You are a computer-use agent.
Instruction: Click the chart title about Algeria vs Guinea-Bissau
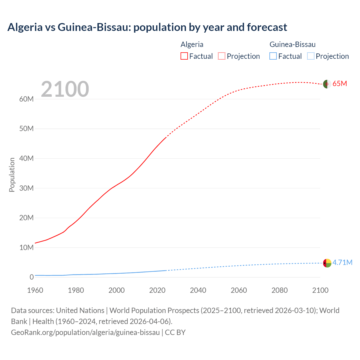pos(147,27)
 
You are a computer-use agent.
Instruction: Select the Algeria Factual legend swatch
pos(184,56)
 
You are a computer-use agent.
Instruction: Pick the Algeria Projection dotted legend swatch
pos(222,56)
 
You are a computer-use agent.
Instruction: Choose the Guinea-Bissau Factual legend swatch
pos(273,56)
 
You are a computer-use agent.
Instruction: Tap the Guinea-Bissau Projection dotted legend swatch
pos(311,56)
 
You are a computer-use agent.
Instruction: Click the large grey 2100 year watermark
pos(65,89)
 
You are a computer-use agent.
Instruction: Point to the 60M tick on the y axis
pos(26,99)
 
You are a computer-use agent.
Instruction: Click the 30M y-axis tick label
pos(26,188)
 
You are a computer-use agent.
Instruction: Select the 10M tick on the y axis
pos(26,247)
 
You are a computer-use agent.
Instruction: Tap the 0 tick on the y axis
pos(31,277)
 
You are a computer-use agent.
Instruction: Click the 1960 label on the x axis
pos(35,290)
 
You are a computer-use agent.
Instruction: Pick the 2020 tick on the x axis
pos(157,290)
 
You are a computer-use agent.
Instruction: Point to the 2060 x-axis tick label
pos(239,290)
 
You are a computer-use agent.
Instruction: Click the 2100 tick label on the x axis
pos(320,290)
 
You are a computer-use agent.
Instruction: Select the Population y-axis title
pos(12,175)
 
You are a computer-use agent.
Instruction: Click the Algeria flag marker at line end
pos(327,84)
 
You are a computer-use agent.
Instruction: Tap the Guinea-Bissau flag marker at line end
pos(327,263)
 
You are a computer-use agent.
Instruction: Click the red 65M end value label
pos(340,84)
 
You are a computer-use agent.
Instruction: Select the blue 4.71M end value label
pos(342,262)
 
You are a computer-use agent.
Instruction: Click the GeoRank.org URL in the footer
pos(85,332)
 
